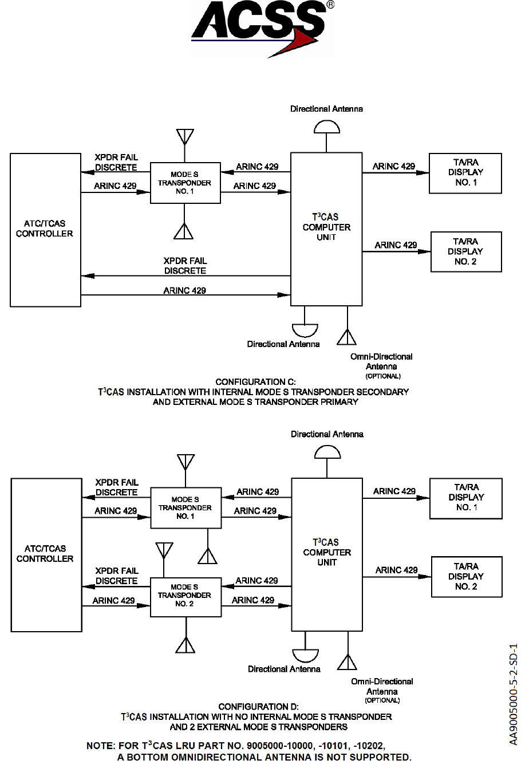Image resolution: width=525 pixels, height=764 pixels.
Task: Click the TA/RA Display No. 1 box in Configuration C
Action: pyautogui.click(x=465, y=173)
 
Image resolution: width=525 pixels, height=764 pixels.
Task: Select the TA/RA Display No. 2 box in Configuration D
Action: pyautogui.click(x=466, y=576)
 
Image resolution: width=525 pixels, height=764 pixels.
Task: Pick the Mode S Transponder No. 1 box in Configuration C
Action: pyautogui.click(x=185, y=183)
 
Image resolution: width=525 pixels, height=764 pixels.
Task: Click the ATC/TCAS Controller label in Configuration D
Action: pyautogui.click(x=45, y=554)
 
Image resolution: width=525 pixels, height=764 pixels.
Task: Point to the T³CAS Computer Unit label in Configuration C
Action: pyautogui.click(x=326, y=227)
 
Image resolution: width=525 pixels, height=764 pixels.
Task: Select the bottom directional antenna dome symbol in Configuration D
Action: pyautogui.click(x=305, y=655)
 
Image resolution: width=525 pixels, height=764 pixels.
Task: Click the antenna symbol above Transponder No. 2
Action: pyautogui.click(x=164, y=550)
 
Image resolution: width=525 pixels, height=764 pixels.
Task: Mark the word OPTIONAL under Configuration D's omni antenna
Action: pyautogui.click(x=382, y=700)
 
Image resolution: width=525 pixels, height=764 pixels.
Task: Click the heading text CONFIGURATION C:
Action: pyautogui.click(x=255, y=382)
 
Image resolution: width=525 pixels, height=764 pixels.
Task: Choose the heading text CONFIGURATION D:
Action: pyautogui.click(x=258, y=707)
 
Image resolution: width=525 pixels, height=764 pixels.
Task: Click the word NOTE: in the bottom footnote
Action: pyautogui.click(x=101, y=746)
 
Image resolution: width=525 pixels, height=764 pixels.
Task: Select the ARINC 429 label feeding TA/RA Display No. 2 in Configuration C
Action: pyautogui.click(x=396, y=245)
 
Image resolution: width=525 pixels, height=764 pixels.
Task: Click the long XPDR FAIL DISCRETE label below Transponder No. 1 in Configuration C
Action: pyautogui.click(x=185, y=266)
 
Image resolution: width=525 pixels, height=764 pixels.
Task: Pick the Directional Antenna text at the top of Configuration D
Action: pyautogui.click(x=327, y=434)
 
